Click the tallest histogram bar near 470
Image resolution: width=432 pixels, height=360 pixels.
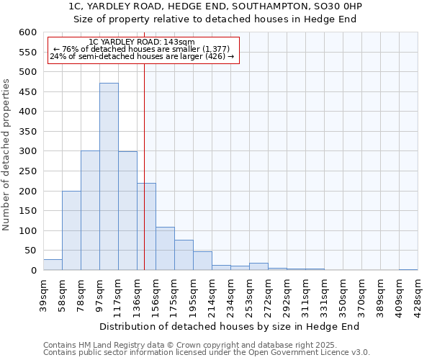(x=109, y=176)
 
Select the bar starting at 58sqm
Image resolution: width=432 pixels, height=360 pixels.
(x=71, y=230)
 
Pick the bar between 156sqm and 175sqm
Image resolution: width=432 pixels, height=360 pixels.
(x=165, y=248)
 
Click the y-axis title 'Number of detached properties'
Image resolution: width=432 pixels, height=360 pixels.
(x=6, y=155)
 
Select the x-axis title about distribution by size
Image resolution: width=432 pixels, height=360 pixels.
(x=230, y=326)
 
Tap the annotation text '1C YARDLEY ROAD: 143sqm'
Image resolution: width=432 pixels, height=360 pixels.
(x=142, y=42)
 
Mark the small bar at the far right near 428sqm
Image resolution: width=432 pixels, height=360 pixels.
(x=408, y=269)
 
